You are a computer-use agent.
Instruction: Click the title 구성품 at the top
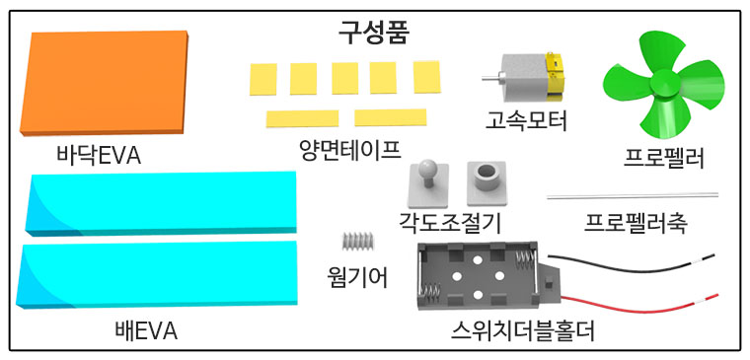coord(373,31)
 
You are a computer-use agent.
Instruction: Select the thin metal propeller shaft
coord(633,195)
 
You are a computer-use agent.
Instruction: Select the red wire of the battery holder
coord(632,297)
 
